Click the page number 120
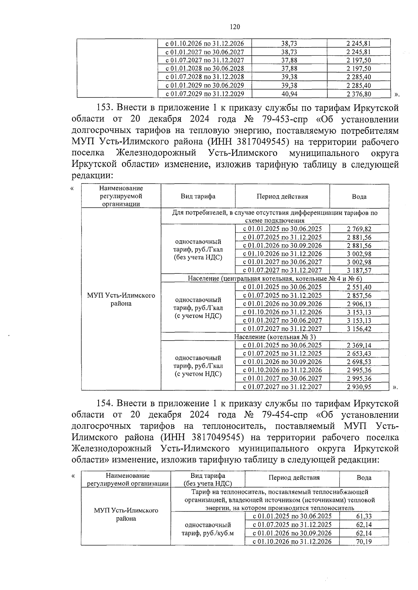235,27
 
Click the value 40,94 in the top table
289,94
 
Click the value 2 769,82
359,229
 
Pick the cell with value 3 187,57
359,271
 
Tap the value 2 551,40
359,287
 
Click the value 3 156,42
359,329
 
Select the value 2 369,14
359,346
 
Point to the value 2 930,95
359,387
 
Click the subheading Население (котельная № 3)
275,337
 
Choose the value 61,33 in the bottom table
364,517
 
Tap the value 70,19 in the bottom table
364,542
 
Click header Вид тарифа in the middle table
198,196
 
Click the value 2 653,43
359,354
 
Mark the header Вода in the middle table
359,197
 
